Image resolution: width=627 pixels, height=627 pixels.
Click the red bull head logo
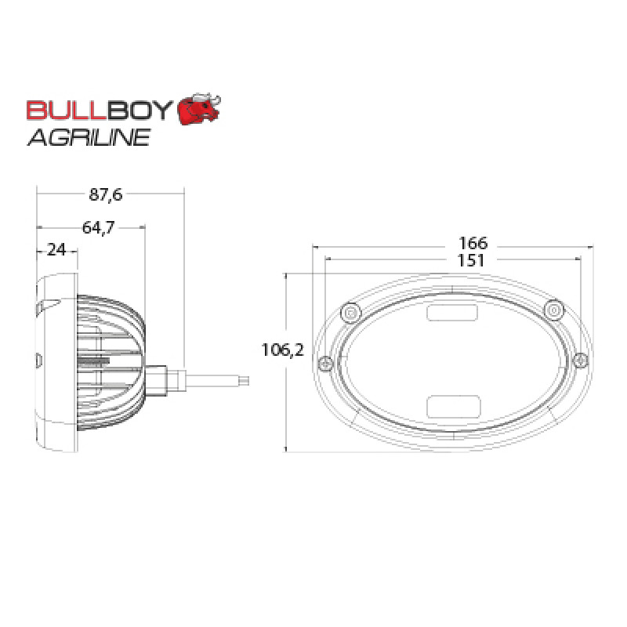199,109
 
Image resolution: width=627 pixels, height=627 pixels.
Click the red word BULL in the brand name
67,110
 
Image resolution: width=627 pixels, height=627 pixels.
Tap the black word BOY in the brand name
140,110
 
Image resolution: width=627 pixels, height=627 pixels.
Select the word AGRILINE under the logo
89,138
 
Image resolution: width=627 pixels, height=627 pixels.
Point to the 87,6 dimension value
106,194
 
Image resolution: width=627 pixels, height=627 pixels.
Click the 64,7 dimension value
99,227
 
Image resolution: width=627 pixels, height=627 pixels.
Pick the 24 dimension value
56,250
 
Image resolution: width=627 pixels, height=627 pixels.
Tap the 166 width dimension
473,243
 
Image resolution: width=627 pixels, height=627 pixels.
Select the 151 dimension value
471,260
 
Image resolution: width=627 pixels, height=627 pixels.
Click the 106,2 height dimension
282,350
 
